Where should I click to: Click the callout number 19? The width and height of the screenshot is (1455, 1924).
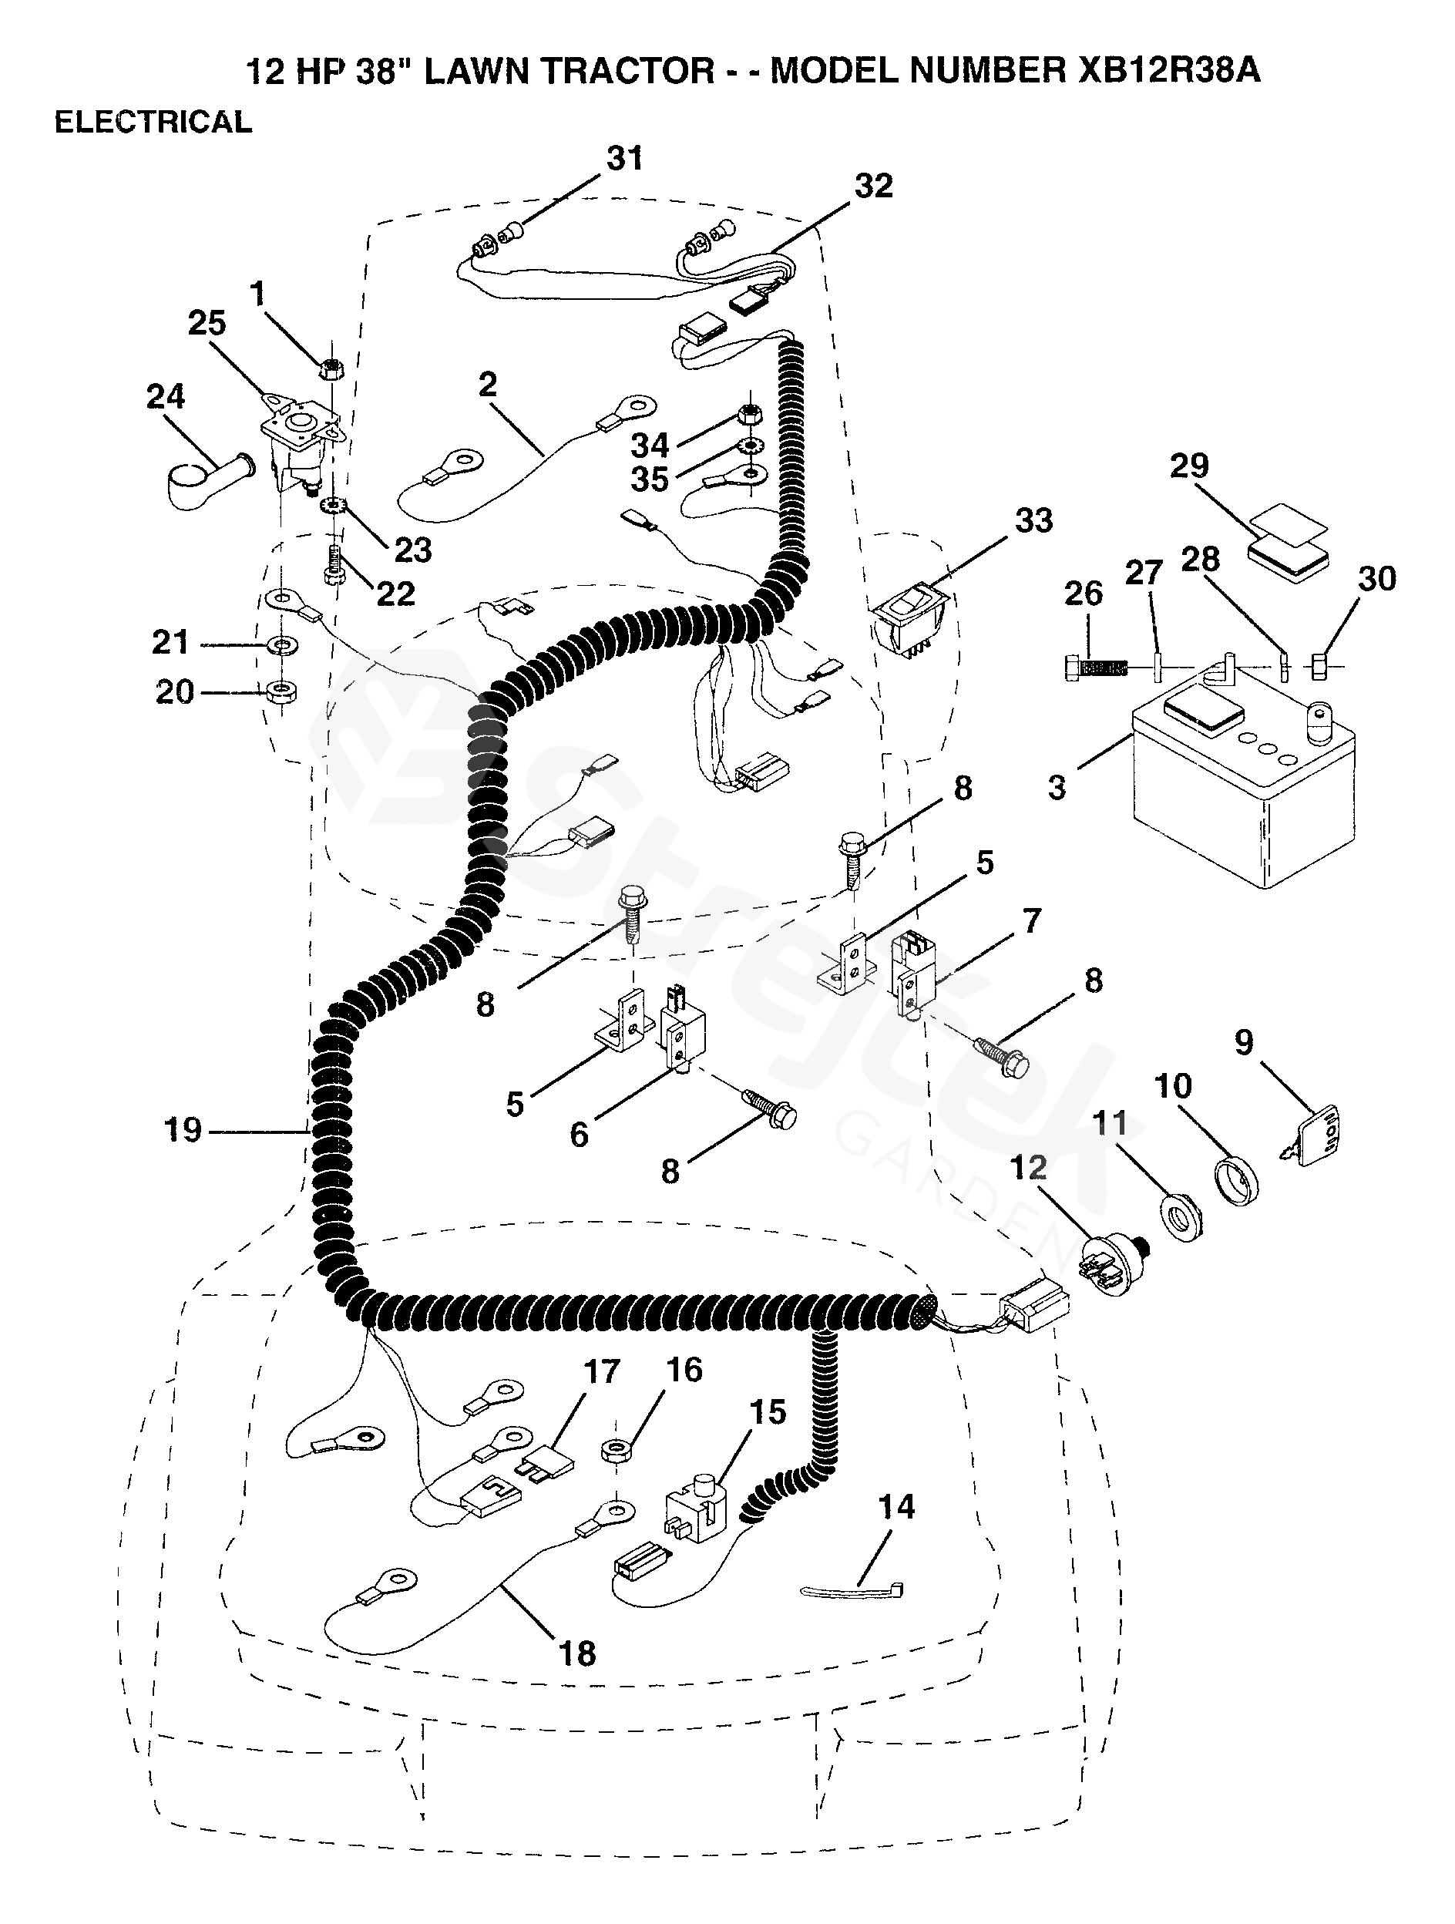[183, 1130]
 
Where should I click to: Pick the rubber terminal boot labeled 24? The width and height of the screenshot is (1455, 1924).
[205, 482]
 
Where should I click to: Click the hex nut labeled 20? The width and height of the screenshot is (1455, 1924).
[281, 692]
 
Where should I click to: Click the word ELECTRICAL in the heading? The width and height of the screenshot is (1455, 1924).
[153, 122]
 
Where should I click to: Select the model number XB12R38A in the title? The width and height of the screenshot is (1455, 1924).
[1169, 69]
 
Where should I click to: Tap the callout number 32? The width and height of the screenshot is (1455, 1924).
[873, 185]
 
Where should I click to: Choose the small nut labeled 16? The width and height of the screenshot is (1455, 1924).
[617, 1449]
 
